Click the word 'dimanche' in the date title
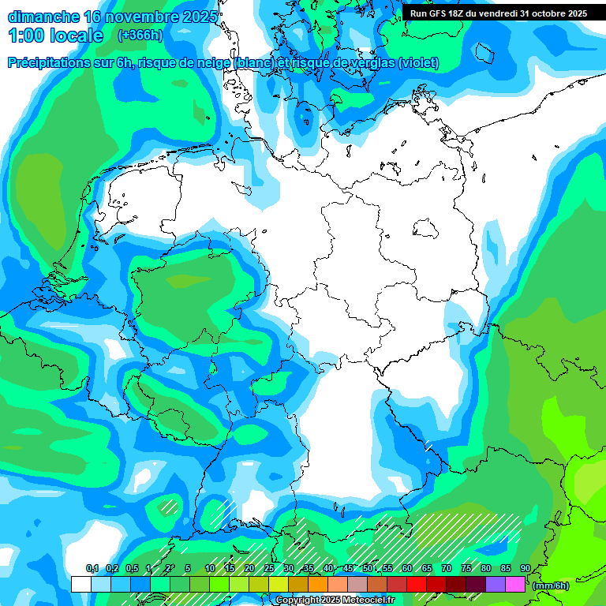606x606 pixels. pyautogui.click(x=43, y=17)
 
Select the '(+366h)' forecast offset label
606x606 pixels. pyautogui.click(x=141, y=35)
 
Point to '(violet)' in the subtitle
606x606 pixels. pyautogui.click(x=419, y=63)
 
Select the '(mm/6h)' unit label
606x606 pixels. pyautogui.click(x=550, y=585)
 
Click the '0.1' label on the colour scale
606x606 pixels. pyautogui.click(x=92, y=569)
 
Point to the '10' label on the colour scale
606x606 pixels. pyautogui.click(x=210, y=569)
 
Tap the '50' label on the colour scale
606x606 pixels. pyautogui.click(x=368, y=569)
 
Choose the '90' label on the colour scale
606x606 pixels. pyautogui.click(x=526, y=569)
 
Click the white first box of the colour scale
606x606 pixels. pyautogui.click(x=80, y=584)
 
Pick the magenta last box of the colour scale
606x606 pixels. pyautogui.click(x=515, y=584)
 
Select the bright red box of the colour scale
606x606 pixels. pyautogui.click(x=417, y=584)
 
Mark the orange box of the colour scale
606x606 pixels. pyautogui.click(x=318, y=584)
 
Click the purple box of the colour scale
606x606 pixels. pyautogui.click(x=496, y=584)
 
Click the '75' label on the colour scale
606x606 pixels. pyautogui.click(x=466, y=569)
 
